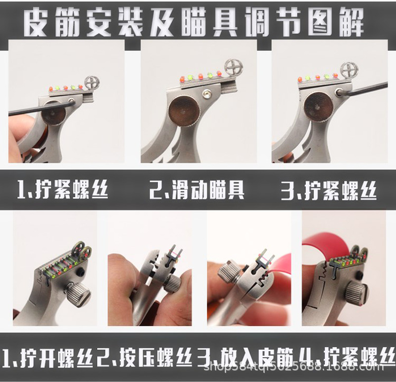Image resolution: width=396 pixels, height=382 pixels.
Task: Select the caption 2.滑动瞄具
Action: (197, 190)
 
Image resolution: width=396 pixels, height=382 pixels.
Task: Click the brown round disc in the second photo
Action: (184, 110)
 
